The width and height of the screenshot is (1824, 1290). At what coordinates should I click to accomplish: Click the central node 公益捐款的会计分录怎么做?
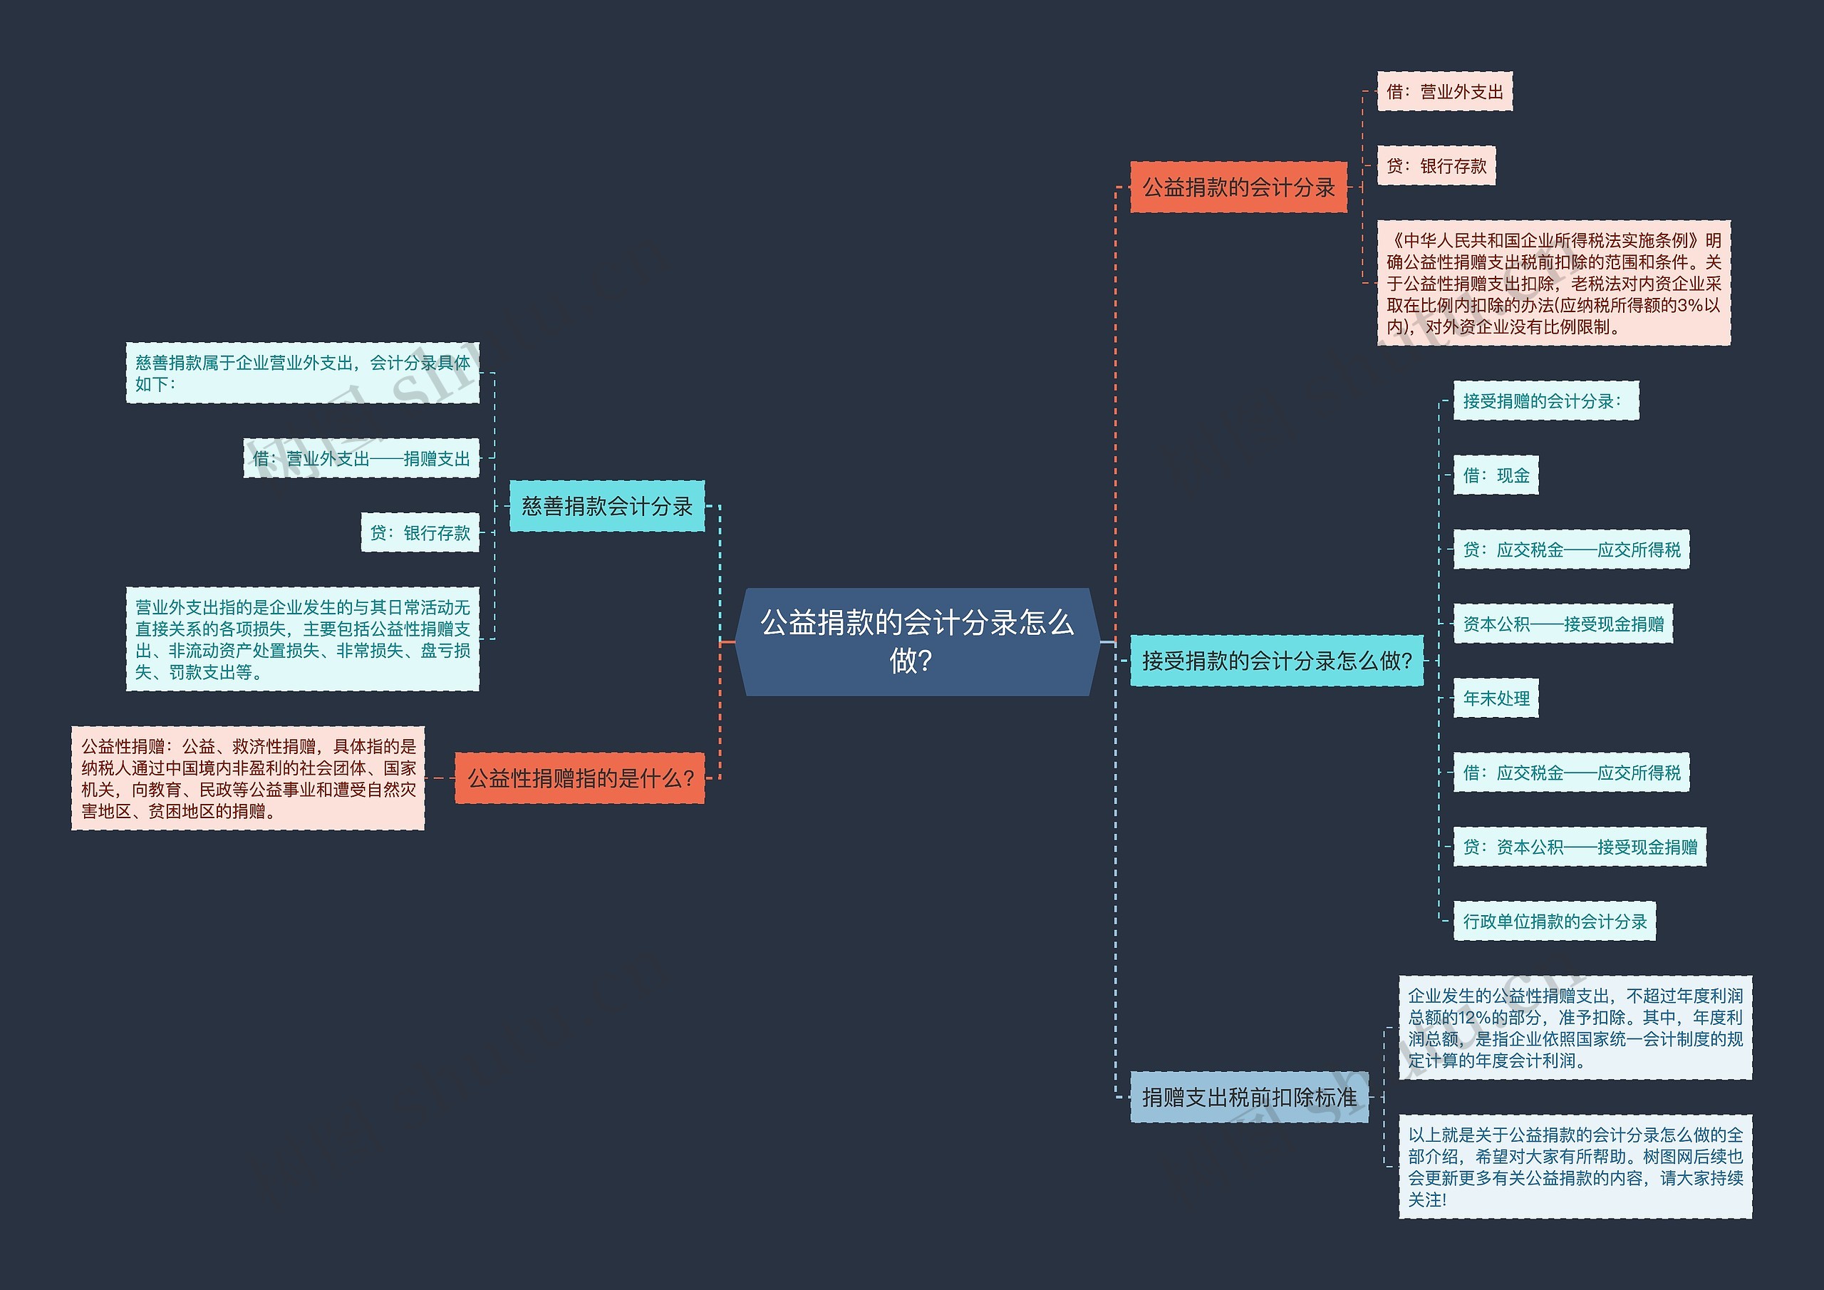[x=917, y=641]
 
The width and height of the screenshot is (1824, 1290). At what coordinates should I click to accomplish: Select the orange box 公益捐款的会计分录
[x=1238, y=187]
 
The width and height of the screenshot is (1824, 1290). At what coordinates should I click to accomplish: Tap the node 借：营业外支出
[x=1444, y=92]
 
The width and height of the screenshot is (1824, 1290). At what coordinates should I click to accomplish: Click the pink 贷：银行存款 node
[x=1436, y=166]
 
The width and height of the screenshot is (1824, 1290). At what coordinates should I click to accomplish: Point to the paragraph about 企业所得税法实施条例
[x=1553, y=283]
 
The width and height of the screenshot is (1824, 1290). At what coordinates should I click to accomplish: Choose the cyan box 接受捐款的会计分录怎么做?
[x=1276, y=661]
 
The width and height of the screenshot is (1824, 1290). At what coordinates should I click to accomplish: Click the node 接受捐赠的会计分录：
[x=1545, y=401]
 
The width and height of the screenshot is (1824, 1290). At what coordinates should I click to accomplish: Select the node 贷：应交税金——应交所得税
[x=1570, y=549]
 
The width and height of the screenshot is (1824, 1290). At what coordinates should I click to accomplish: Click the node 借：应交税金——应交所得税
[x=1570, y=773]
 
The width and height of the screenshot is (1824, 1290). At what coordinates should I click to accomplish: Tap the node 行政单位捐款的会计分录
[x=1554, y=922]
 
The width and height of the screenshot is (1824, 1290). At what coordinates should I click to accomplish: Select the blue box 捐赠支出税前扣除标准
[x=1249, y=1098]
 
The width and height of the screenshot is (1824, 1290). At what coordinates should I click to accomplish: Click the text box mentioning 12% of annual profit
[x=1575, y=1028]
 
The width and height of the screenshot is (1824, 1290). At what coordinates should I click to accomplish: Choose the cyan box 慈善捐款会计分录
[x=606, y=506]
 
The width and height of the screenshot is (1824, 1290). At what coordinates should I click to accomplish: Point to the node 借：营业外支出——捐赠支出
[x=361, y=458]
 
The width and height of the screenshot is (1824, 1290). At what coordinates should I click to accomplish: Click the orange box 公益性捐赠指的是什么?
[x=579, y=778]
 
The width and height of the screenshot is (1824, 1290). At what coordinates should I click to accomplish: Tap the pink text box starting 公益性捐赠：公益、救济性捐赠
[x=248, y=778]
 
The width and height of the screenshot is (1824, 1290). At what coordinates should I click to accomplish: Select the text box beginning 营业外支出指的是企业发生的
[x=302, y=639]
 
